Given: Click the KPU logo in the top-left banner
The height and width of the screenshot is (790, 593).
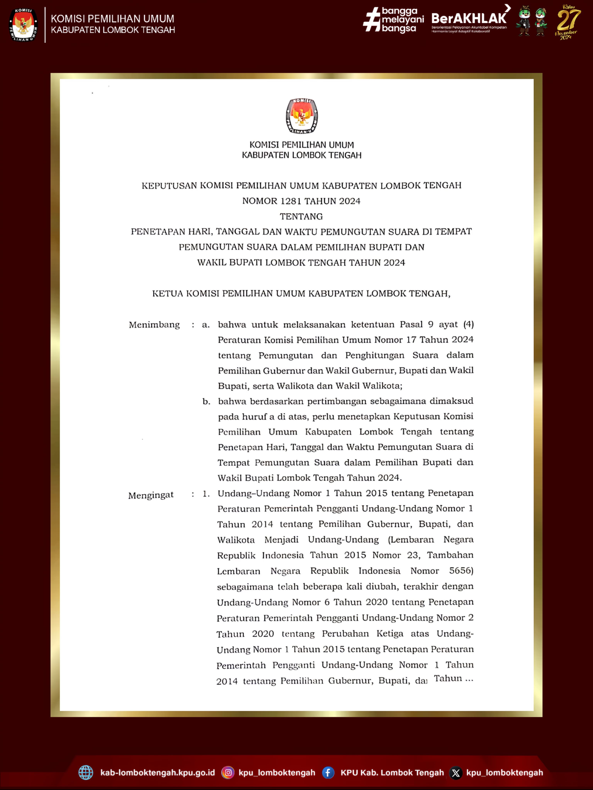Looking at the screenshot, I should [x=23, y=24].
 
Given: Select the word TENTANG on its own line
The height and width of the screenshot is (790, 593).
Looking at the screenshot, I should [x=301, y=216].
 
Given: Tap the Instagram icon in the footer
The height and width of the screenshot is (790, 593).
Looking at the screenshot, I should [x=228, y=772].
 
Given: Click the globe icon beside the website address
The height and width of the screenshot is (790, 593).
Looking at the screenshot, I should [x=86, y=772].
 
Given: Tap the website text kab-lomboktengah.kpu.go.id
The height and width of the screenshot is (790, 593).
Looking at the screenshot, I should [x=158, y=772].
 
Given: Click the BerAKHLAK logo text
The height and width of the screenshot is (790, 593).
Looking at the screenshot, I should [x=469, y=18].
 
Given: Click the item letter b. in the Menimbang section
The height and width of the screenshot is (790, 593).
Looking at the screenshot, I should [x=206, y=401].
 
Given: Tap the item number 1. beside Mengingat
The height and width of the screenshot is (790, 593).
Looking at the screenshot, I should [x=206, y=494].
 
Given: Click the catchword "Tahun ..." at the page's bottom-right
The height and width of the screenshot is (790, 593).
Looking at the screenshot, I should [x=453, y=678].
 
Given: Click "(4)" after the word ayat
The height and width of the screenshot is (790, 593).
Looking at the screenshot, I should [x=468, y=324].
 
